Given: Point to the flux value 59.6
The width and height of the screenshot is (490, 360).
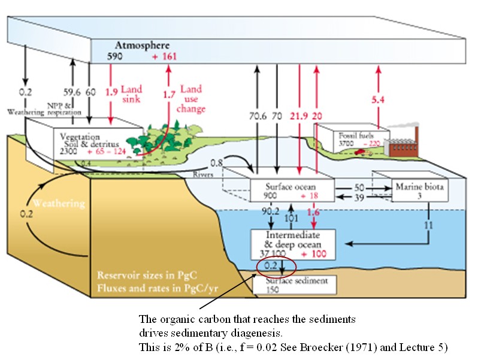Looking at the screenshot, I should coord(72,93).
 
